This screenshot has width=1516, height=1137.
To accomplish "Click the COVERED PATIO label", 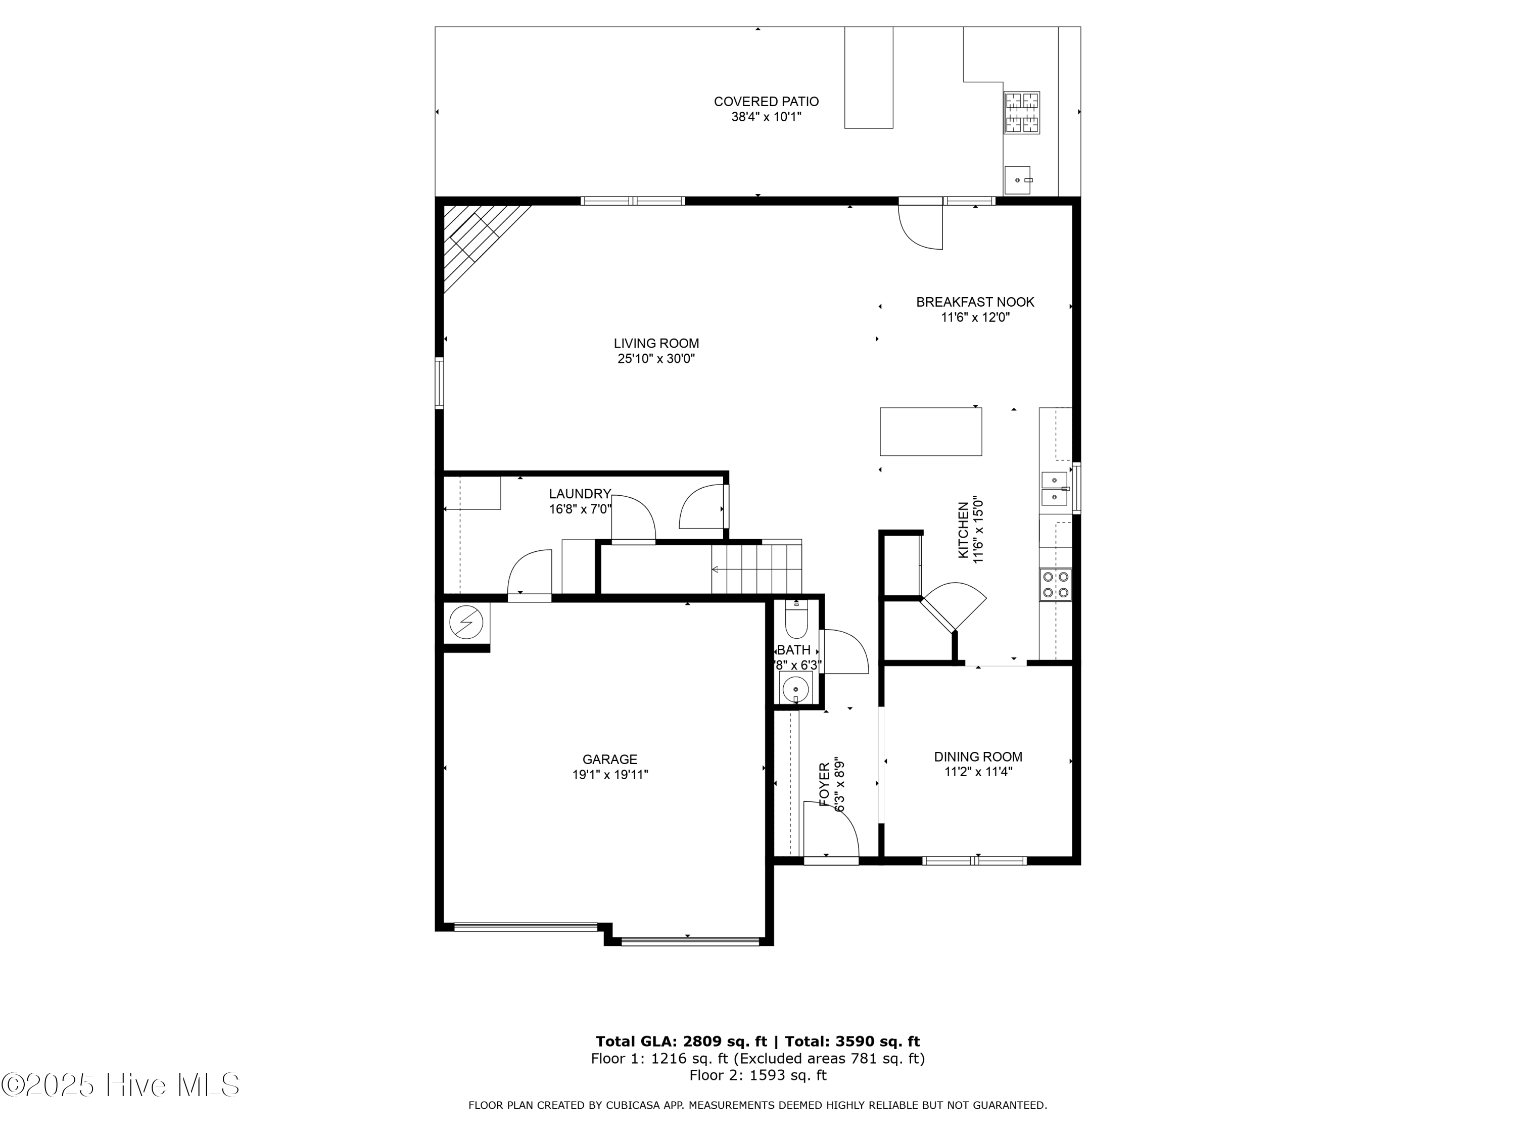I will [766, 102].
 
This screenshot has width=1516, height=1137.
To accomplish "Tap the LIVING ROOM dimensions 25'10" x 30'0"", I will [656, 358].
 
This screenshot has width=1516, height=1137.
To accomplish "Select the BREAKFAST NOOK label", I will [975, 302].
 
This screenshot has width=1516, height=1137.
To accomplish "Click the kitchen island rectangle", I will [930, 431].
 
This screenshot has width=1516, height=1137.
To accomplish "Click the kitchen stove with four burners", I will [1056, 585].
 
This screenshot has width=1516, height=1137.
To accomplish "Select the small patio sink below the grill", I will [1018, 179].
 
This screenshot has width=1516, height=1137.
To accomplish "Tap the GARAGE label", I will [609, 760].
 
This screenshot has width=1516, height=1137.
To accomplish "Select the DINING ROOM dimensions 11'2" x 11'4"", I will [977, 772].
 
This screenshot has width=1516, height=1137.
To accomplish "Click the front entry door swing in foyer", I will [831, 830].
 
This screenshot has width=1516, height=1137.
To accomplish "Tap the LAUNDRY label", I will [579, 493].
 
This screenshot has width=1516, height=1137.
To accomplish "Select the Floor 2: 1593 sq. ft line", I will [757, 1075].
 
